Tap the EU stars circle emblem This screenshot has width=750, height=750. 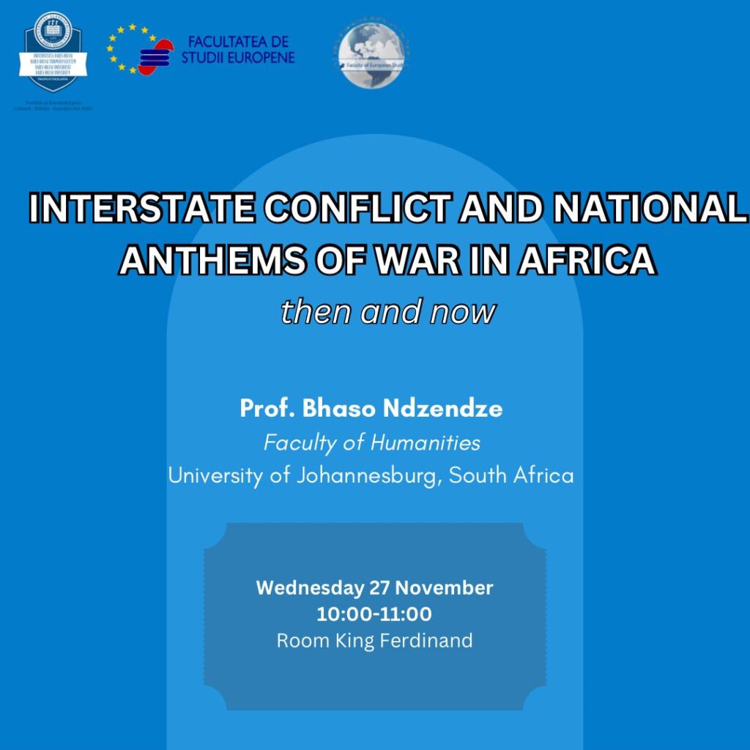[132, 48]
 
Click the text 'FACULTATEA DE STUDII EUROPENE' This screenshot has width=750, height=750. [238, 49]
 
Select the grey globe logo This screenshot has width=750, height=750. [371, 53]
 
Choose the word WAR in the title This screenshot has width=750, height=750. [421, 260]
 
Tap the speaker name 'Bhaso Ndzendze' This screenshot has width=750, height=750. [402, 409]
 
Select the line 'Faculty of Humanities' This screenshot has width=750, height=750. [371, 442]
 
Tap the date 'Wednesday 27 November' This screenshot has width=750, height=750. [374, 587]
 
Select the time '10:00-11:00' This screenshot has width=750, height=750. [374, 614]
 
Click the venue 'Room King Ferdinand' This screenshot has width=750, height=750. [374, 641]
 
